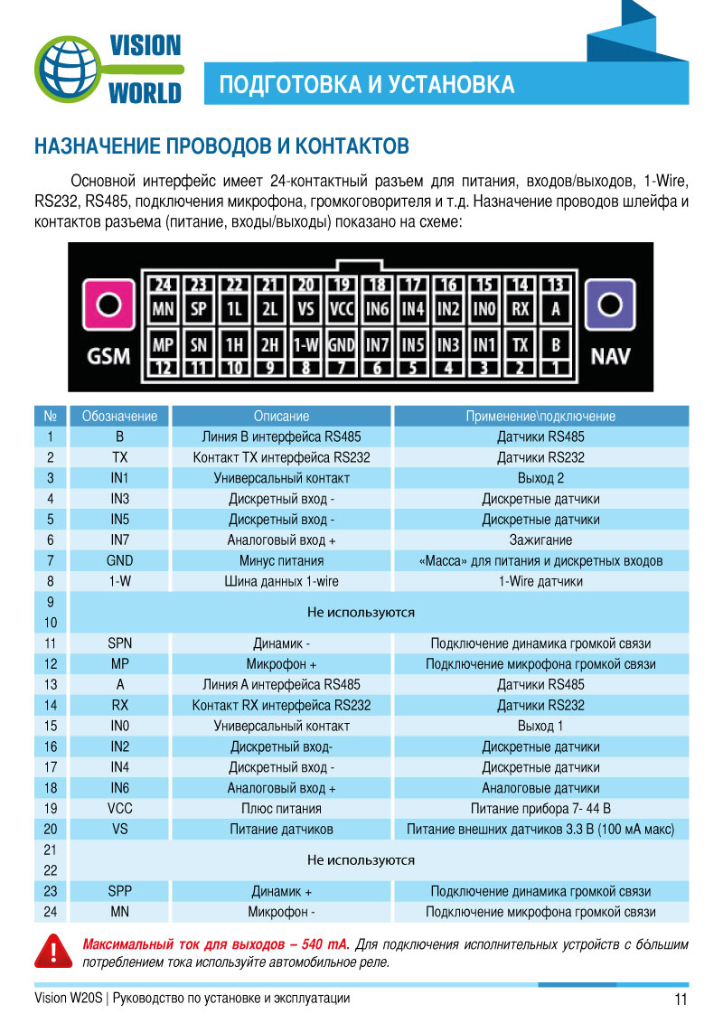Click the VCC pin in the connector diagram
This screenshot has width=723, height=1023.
point(341,309)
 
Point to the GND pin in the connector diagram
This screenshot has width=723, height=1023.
point(341,345)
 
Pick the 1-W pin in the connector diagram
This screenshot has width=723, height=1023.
point(306,345)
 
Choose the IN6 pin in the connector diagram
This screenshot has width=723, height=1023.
point(377,309)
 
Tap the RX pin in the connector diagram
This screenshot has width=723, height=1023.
point(520,309)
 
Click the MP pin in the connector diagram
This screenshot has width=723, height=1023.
point(163,345)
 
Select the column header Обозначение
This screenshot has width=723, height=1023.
point(119,417)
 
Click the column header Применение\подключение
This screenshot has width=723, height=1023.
point(540,417)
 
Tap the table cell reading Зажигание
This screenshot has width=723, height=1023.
point(540,540)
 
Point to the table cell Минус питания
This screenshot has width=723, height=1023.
point(281,561)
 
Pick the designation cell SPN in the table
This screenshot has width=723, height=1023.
point(119,643)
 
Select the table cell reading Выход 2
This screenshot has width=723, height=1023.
point(540,478)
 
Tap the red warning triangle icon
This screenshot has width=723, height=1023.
point(53,953)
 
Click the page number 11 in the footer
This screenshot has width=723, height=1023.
point(681,1000)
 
